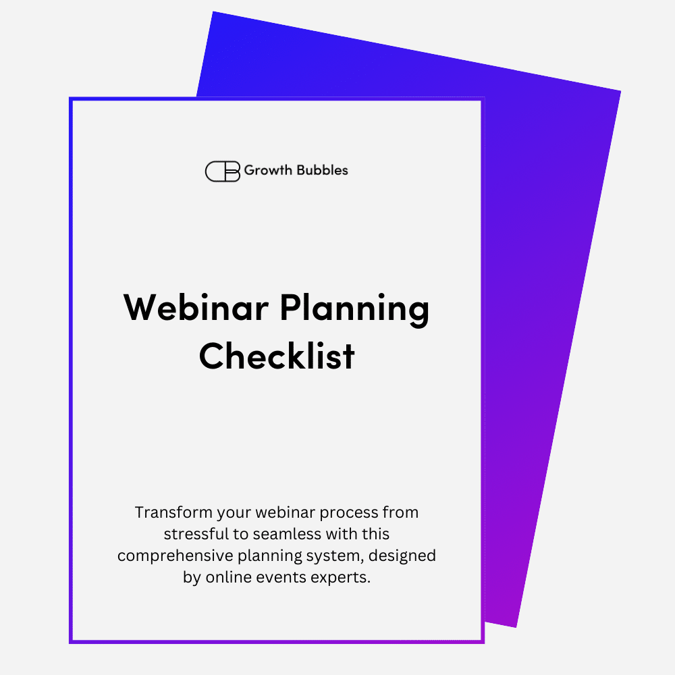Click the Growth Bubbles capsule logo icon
click(223, 171)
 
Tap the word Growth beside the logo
click(268, 171)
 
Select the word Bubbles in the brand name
click(322, 170)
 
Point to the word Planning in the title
click(355, 310)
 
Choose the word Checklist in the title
click(277, 356)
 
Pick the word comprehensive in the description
click(175, 556)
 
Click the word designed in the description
click(402, 556)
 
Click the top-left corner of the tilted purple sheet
click(213, 11)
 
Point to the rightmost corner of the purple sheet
click(621, 91)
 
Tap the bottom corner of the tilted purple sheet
click(516, 627)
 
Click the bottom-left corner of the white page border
click(71, 643)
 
